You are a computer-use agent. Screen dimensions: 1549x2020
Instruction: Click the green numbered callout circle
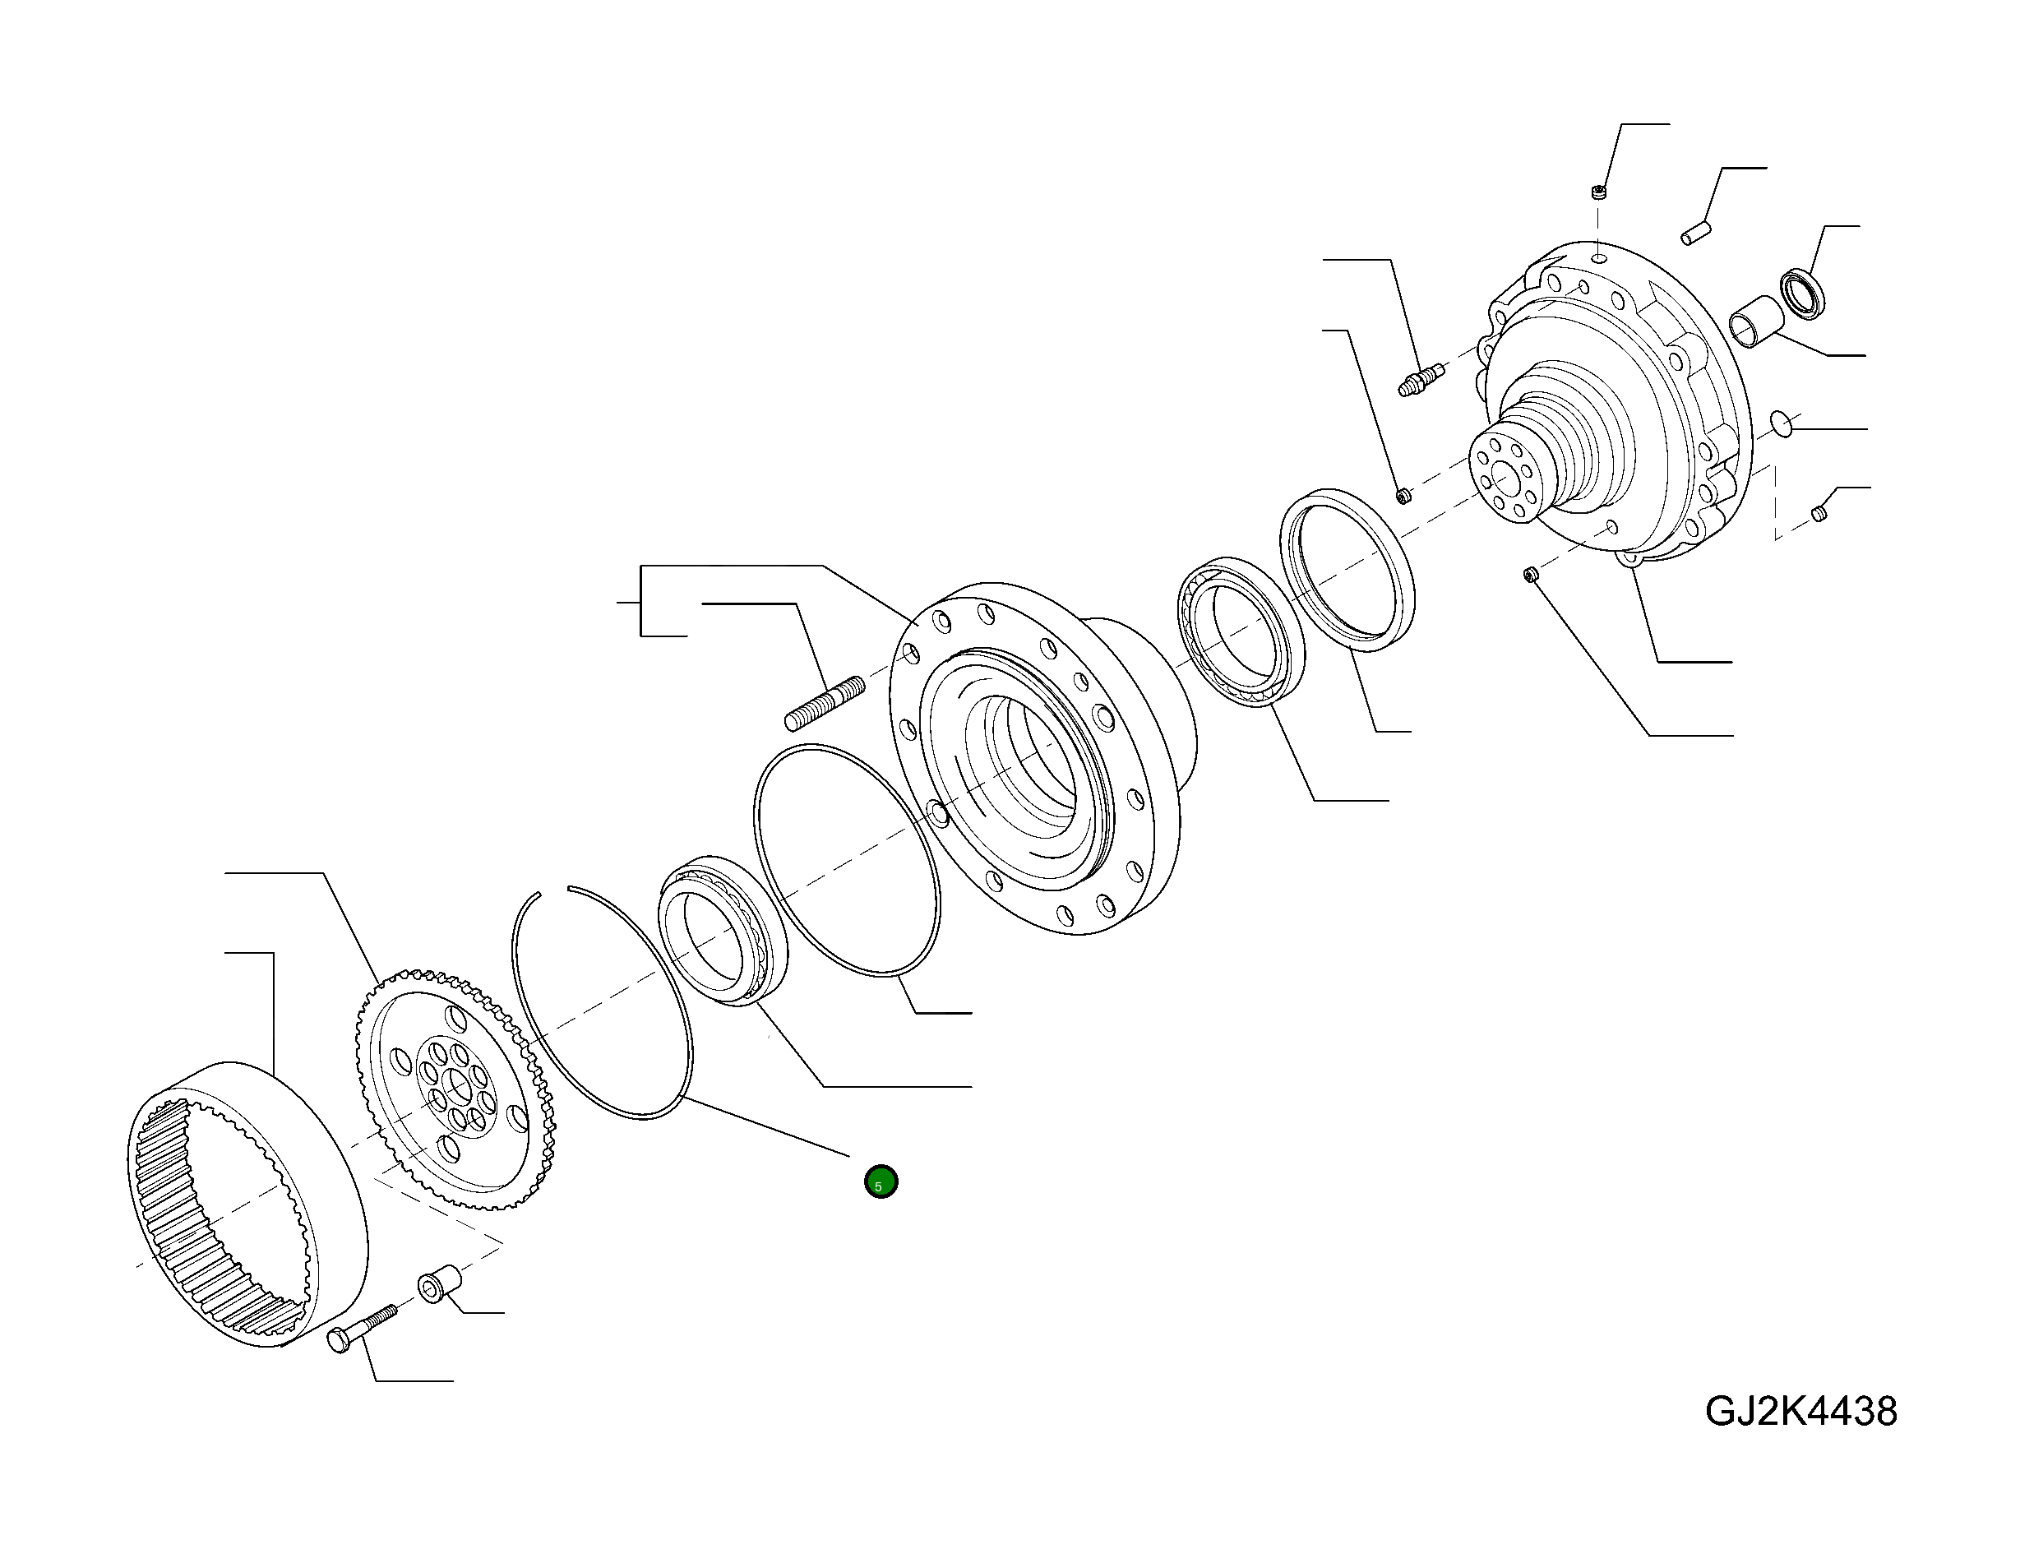click(881, 1181)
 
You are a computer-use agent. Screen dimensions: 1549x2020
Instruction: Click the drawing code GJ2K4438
click(1800, 1412)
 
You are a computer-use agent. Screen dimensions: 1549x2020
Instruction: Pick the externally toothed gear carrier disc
click(455, 1088)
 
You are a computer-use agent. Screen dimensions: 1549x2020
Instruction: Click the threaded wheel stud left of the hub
click(825, 703)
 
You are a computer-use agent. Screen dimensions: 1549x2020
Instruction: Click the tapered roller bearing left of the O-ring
click(722, 929)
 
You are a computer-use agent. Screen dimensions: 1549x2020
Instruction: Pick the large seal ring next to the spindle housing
click(1347, 570)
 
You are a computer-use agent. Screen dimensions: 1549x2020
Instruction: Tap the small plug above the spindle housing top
click(1600, 192)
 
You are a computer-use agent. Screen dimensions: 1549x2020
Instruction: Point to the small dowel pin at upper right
click(1695, 233)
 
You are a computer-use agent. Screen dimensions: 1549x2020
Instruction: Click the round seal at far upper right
click(1802, 294)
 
